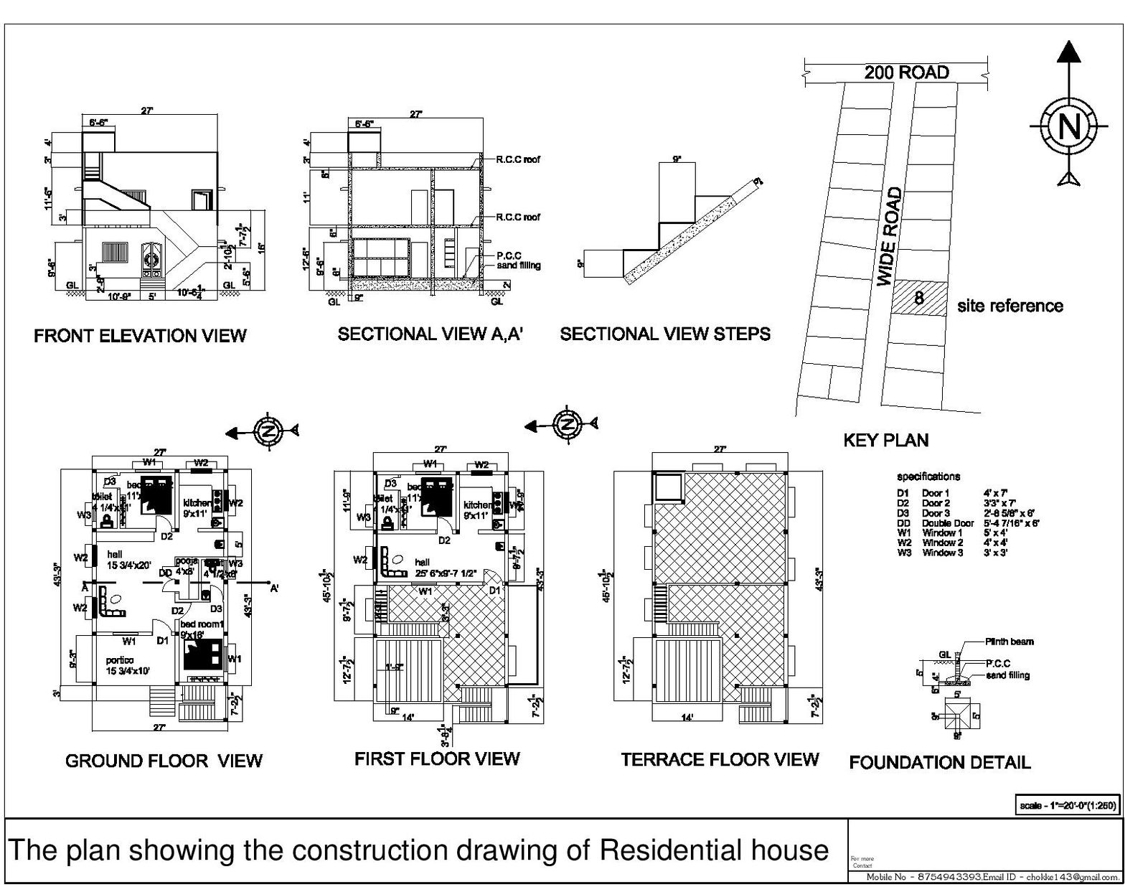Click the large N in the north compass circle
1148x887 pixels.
point(1068,127)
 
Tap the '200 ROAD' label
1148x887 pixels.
point(906,72)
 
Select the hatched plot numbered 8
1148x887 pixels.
point(919,297)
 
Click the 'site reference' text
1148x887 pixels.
point(1010,306)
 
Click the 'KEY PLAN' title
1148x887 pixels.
point(885,440)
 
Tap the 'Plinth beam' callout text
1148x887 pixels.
point(1009,642)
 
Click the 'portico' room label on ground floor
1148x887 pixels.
point(120,660)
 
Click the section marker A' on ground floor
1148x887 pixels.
point(274,588)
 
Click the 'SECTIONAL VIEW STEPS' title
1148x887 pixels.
point(665,334)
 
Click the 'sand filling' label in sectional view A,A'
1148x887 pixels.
point(518,266)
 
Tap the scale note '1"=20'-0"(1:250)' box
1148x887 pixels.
point(1067,805)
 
